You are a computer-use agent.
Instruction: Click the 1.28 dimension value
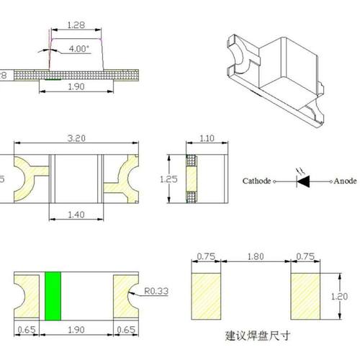[76, 25]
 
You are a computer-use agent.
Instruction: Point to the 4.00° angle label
[79, 48]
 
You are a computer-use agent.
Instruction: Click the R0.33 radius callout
[155, 292]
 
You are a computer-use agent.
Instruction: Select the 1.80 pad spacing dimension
[253, 255]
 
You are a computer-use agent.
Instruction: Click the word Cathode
[256, 181]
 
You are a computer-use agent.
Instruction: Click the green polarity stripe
[51, 297]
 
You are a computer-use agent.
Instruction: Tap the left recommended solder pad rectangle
[205, 295]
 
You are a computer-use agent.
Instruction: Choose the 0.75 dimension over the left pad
[205, 255]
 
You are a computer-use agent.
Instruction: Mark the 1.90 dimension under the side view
[76, 86]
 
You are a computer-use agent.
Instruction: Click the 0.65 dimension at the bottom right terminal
[125, 330]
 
